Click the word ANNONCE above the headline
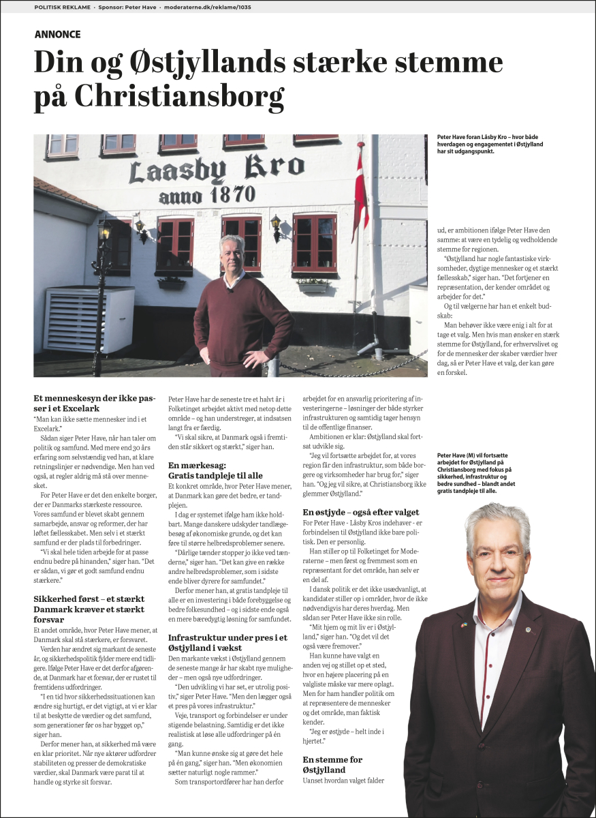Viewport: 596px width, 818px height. [x=57, y=34]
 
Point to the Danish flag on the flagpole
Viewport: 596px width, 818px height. [x=360, y=187]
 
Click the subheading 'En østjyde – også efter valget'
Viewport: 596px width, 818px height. [x=361, y=512]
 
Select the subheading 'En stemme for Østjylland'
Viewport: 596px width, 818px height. [x=332, y=764]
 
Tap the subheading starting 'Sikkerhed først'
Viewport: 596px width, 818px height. [x=89, y=609]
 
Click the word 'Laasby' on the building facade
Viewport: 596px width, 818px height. [x=177, y=170]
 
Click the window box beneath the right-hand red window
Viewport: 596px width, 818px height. [x=314, y=287]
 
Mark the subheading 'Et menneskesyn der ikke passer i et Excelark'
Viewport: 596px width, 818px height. [x=95, y=402]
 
